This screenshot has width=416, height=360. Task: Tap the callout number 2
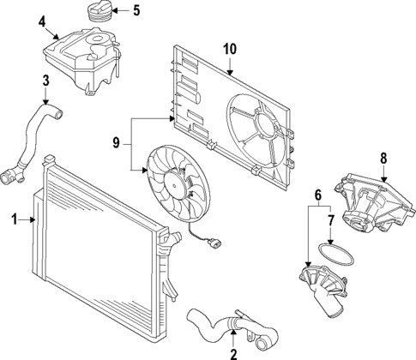(x=232, y=351)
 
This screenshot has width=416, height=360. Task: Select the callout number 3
(x=45, y=81)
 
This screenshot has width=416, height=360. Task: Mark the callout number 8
(x=383, y=157)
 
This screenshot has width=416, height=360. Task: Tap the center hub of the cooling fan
(x=176, y=179)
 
